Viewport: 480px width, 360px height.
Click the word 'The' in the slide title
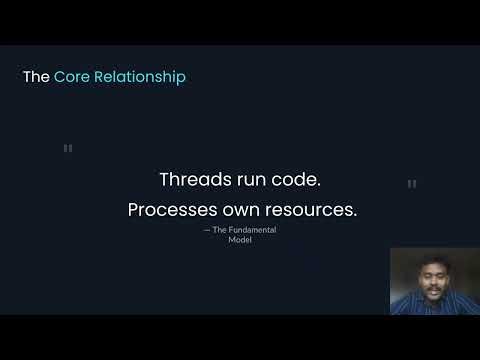pyautogui.click(x=36, y=77)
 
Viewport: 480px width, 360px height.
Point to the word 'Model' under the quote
pyautogui.click(x=240, y=240)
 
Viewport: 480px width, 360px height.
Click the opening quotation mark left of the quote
pyautogui.click(x=68, y=149)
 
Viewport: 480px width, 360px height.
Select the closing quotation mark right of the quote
pyautogui.click(x=412, y=185)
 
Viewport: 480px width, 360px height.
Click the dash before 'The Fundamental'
pyautogui.click(x=207, y=231)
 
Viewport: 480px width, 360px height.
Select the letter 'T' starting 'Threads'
pyautogui.click(x=165, y=180)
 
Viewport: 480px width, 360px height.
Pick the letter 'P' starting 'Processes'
pyautogui.click(x=133, y=211)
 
